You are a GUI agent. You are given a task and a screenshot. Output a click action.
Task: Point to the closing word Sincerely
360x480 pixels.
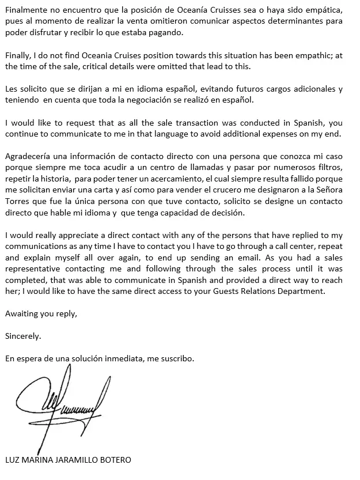(x=23, y=335)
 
